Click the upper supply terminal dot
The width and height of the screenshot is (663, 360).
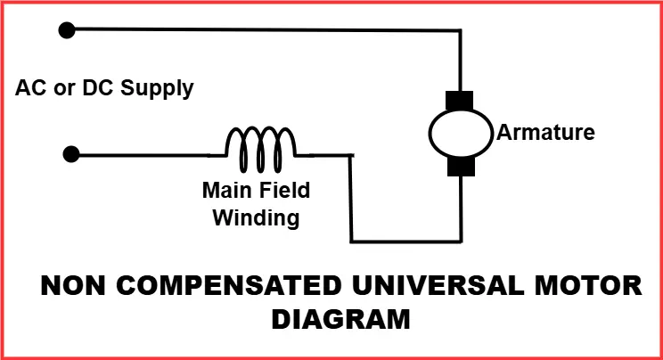[x=65, y=30]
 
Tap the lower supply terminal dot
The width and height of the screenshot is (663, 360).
[x=70, y=155]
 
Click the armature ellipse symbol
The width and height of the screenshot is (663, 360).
[x=461, y=133]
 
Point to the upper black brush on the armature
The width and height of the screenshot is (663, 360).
[x=461, y=100]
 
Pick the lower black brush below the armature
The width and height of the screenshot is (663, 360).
[x=461, y=167]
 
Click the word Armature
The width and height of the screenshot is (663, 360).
[x=545, y=134]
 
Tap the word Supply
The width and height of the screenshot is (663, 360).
[x=159, y=89]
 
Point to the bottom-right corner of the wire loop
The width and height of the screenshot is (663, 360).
[x=461, y=241]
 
